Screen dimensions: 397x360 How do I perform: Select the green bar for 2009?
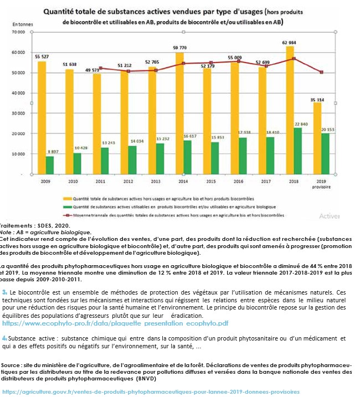50,165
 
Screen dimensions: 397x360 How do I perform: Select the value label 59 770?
180,48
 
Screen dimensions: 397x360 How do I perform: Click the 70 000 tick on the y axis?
19,32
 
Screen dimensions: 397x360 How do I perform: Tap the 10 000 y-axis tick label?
19,154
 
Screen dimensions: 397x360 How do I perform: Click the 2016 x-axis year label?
239,181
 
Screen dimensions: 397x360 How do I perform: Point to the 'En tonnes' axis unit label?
23,24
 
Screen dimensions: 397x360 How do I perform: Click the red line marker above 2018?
294,59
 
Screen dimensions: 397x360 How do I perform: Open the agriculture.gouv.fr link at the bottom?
150,391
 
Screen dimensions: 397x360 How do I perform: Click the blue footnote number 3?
4,291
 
